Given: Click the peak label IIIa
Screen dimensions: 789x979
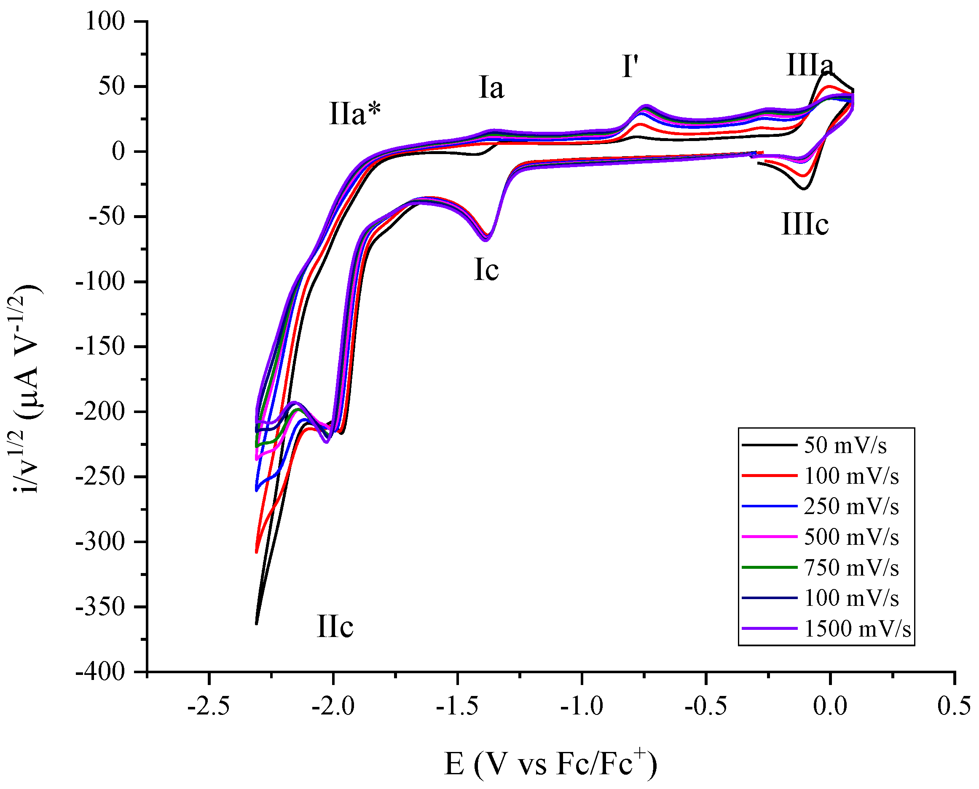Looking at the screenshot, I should (810, 65).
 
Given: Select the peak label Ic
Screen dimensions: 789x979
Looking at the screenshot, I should (486, 270).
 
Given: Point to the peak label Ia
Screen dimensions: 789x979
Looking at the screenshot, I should (491, 87).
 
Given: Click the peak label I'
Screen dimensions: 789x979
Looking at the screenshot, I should (630, 67).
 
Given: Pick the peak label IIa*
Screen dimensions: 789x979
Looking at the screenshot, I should (354, 113).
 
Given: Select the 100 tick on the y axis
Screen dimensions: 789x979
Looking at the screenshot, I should (105, 21).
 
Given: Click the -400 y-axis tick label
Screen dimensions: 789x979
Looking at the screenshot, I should (100, 672).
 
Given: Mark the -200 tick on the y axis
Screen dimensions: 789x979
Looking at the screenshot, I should (100, 412).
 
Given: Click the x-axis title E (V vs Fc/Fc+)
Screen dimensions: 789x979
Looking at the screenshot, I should (550, 764).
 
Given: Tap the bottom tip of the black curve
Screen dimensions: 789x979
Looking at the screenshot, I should (257, 624).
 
